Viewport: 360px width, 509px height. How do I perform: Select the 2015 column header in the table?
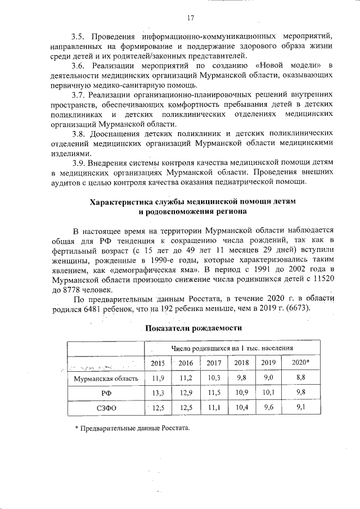tap(159, 363)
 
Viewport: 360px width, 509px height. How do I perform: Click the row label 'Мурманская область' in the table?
tap(106, 379)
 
